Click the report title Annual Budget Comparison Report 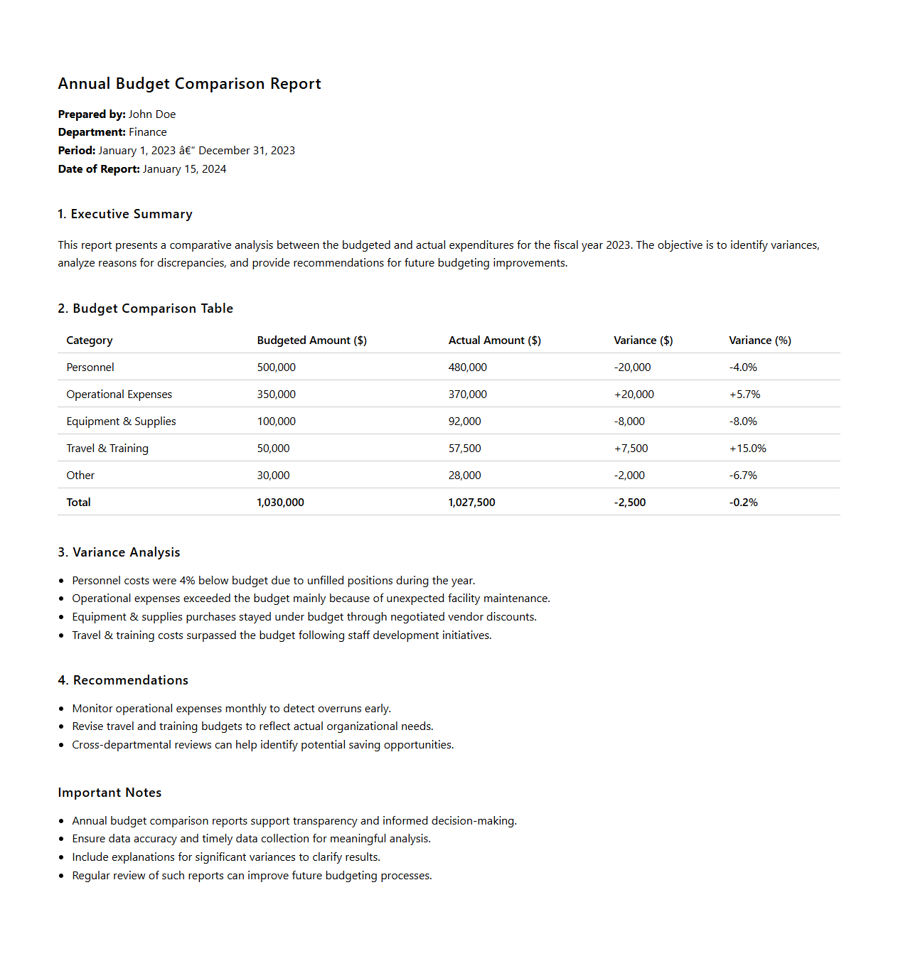click(189, 84)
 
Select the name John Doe click(152, 114)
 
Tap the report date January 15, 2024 click(184, 169)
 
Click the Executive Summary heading click(125, 214)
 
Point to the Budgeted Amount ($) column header click(311, 340)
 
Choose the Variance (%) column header click(759, 340)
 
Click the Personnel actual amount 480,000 click(467, 367)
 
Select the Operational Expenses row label click(119, 395)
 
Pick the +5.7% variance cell click(744, 395)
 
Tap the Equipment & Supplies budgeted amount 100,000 click(276, 422)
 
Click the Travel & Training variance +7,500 click(631, 449)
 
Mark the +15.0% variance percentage click(747, 449)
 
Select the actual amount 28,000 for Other click(464, 476)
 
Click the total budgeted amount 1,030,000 click(280, 503)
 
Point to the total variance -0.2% click(743, 503)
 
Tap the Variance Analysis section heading click(119, 552)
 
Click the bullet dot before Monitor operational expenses click(62, 709)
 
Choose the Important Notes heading click(109, 793)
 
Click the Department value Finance click(147, 132)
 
